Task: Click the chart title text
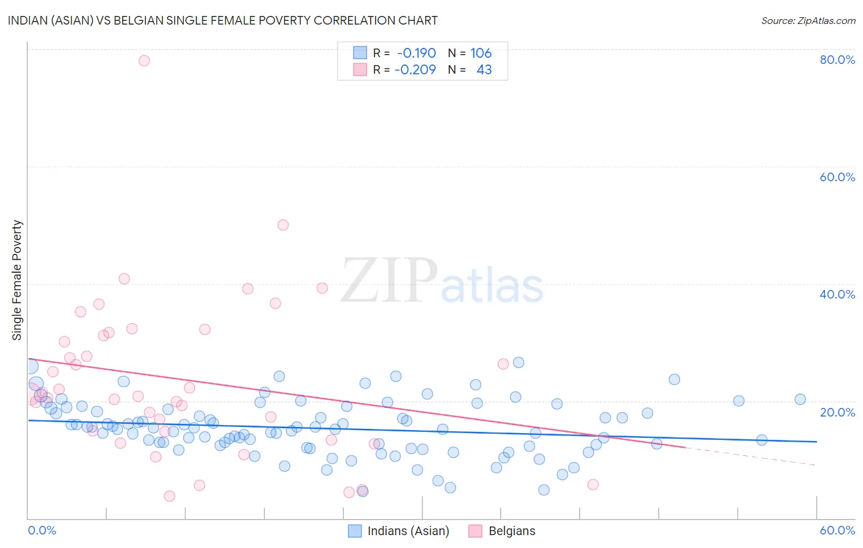click(x=223, y=20)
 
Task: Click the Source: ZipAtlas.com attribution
click(x=808, y=21)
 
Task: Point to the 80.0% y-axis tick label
click(x=837, y=60)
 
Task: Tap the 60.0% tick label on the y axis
click(x=837, y=177)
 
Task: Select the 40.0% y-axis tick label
click(x=837, y=294)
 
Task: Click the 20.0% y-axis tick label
click(x=837, y=412)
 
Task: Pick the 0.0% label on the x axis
click(x=42, y=530)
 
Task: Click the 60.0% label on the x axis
click(x=837, y=530)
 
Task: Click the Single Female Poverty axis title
click(x=17, y=280)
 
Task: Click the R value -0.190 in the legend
click(x=416, y=53)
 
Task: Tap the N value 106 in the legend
click(x=481, y=53)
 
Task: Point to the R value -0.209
click(x=415, y=70)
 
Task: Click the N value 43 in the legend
click(x=484, y=70)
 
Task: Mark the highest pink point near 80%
click(x=144, y=60)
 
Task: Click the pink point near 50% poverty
click(x=283, y=225)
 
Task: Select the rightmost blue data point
click(x=800, y=399)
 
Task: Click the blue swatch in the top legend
click(x=360, y=53)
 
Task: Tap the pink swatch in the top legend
click(x=360, y=70)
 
